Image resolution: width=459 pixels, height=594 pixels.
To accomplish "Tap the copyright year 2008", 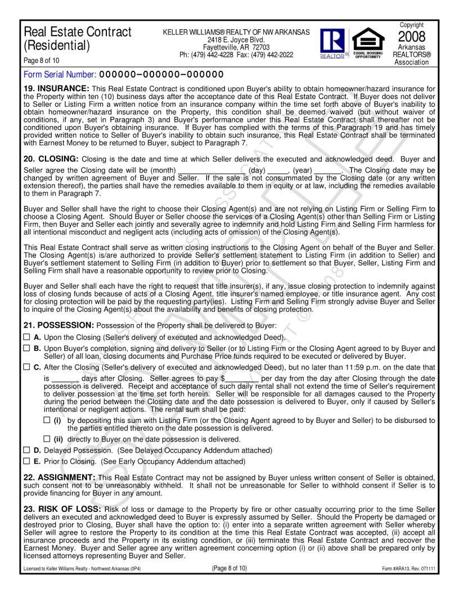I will coord(412,37).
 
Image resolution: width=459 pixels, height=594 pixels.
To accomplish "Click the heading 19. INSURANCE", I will coord(56,88).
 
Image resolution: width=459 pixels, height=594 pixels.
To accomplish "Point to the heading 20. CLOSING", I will coord(52,159).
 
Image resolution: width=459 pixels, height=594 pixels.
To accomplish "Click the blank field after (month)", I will coord(211,170).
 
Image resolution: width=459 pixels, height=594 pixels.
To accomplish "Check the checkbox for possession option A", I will coord(26,337).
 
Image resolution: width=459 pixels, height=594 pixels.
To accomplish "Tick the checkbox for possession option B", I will coord(26,348).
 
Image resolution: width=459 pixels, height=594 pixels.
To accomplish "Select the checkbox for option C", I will coord(26,367).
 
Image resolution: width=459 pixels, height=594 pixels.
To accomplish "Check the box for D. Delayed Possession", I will coord(26,450).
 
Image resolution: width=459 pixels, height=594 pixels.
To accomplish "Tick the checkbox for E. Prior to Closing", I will coord(26,461).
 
